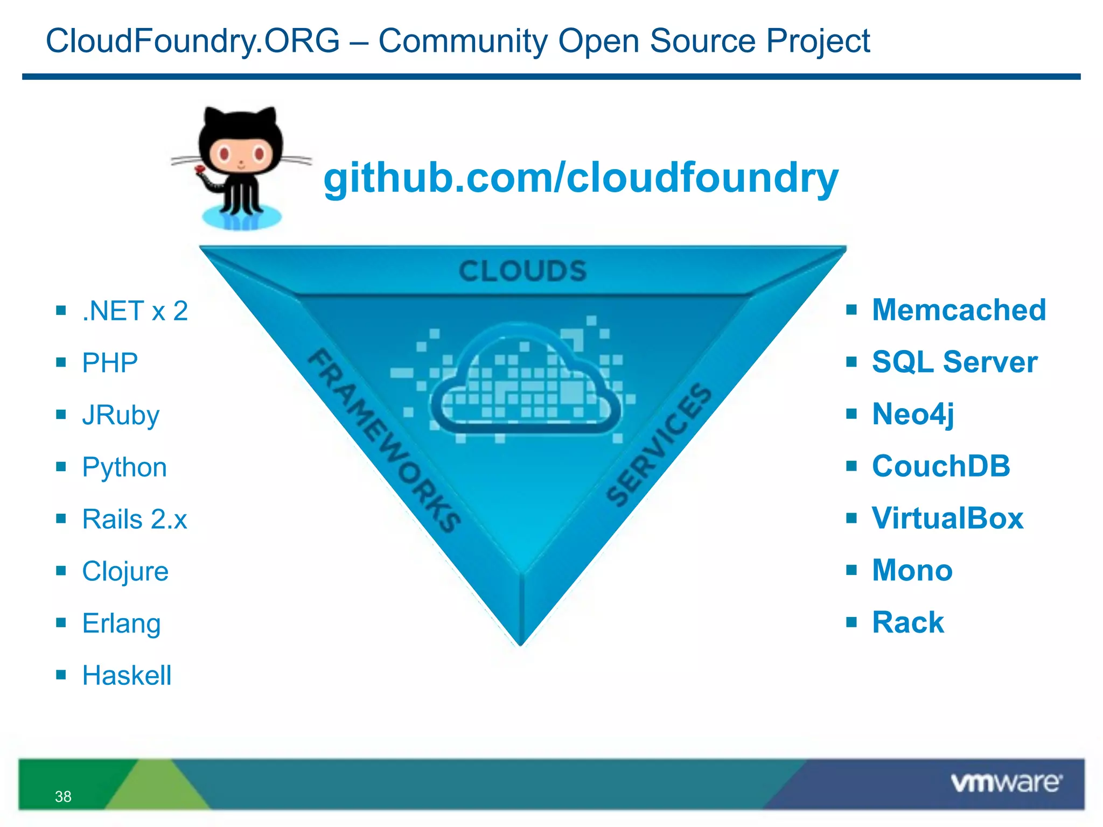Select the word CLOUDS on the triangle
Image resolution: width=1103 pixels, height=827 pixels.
pos(522,271)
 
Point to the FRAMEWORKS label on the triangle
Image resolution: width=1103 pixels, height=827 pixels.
pos(384,440)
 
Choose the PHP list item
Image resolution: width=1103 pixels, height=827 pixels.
pos(110,363)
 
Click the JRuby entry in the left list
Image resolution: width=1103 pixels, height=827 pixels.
pos(121,415)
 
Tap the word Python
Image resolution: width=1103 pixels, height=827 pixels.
pos(124,467)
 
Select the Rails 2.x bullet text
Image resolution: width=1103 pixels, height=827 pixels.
pos(135,520)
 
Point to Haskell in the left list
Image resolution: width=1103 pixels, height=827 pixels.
pos(127,676)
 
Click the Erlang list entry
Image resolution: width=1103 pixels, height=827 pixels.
pos(121,624)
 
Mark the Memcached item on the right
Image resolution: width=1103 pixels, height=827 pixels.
pos(959,310)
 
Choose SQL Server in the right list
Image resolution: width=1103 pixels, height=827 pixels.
pos(954,362)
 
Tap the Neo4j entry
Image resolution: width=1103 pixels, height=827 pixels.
pos(913,414)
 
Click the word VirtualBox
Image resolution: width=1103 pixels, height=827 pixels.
pos(947,518)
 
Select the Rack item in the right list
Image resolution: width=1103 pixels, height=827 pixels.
pos(908,623)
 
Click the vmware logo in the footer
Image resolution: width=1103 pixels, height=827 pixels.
pos(1006,782)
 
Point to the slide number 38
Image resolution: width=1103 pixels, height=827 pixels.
pos(63,796)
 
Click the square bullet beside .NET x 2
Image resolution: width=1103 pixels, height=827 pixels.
pos(61,311)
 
